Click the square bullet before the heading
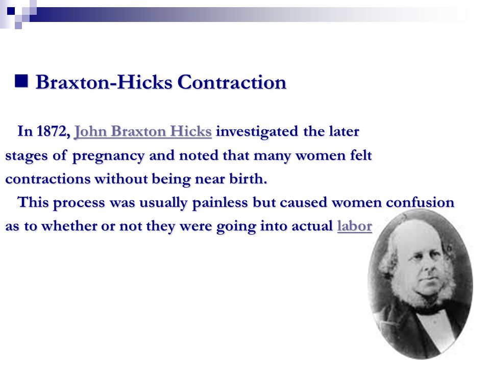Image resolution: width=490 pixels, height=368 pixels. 21,81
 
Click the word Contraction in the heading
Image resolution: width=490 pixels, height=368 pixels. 232,82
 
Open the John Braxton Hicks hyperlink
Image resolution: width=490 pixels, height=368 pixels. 143,131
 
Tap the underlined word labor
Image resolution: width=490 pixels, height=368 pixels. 355,226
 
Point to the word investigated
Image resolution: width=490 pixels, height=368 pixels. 257,132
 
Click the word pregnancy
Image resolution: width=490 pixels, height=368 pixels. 108,156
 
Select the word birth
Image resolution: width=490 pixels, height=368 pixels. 248,179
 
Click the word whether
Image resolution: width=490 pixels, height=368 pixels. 69,226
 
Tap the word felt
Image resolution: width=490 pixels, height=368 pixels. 361,155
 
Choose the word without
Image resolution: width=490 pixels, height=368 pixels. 121,179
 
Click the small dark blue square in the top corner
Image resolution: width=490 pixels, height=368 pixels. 11,11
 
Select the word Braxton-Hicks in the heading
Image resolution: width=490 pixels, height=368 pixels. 104,82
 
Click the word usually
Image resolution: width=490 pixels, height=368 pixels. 163,203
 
